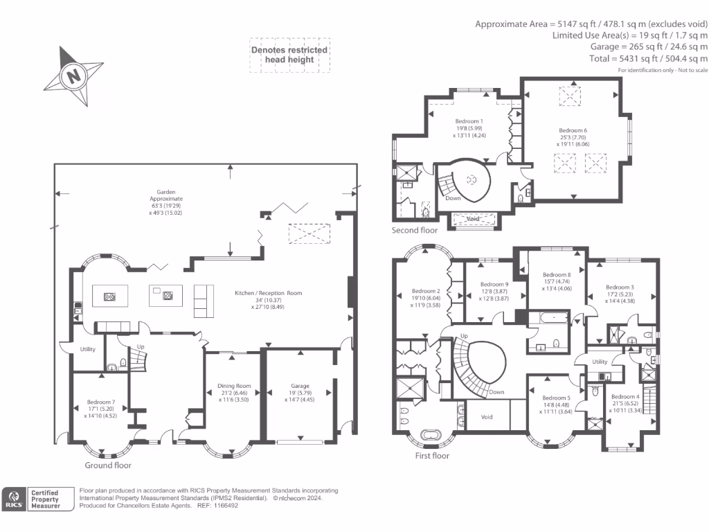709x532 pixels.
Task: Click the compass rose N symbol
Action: click(x=72, y=76)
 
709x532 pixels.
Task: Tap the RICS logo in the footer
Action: click(x=14, y=499)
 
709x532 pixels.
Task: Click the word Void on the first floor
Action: click(x=487, y=417)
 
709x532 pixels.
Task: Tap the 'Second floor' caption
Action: click(x=415, y=230)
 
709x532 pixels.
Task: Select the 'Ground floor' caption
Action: click(x=108, y=465)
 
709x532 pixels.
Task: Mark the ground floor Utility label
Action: click(x=87, y=349)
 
